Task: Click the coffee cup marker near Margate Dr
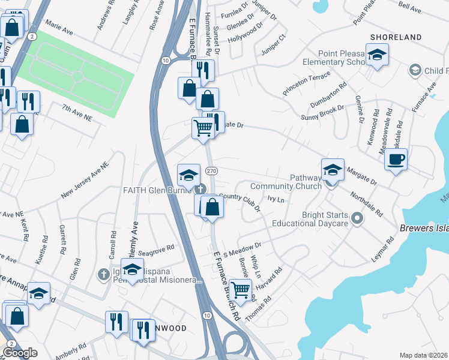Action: [x=396, y=160]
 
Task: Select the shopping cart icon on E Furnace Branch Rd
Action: [x=241, y=290]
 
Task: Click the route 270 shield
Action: [x=211, y=171]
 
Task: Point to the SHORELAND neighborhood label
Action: [x=396, y=37]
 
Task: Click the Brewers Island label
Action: [x=424, y=228]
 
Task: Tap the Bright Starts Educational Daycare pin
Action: [x=358, y=218]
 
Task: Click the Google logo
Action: [x=20, y=353]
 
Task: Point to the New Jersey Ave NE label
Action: [x=86, y=181]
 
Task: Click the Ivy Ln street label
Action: [x=275, y=197]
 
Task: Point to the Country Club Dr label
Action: [x=240, y=201]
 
